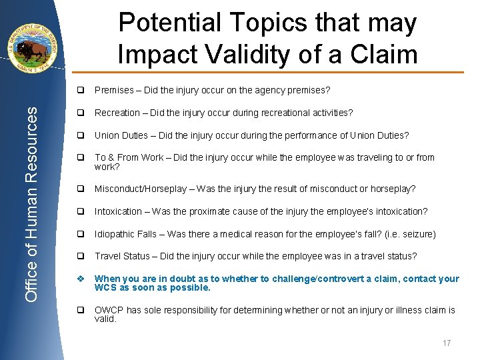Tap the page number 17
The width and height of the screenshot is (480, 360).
point(446,343)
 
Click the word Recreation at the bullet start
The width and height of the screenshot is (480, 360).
point(117,113)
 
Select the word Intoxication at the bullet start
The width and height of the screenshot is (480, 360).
point(118,211)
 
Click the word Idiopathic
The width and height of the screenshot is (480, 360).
point(115,234)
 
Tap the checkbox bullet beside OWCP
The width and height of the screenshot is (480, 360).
point(79,310)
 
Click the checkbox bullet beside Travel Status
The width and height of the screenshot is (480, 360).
point(79,257)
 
